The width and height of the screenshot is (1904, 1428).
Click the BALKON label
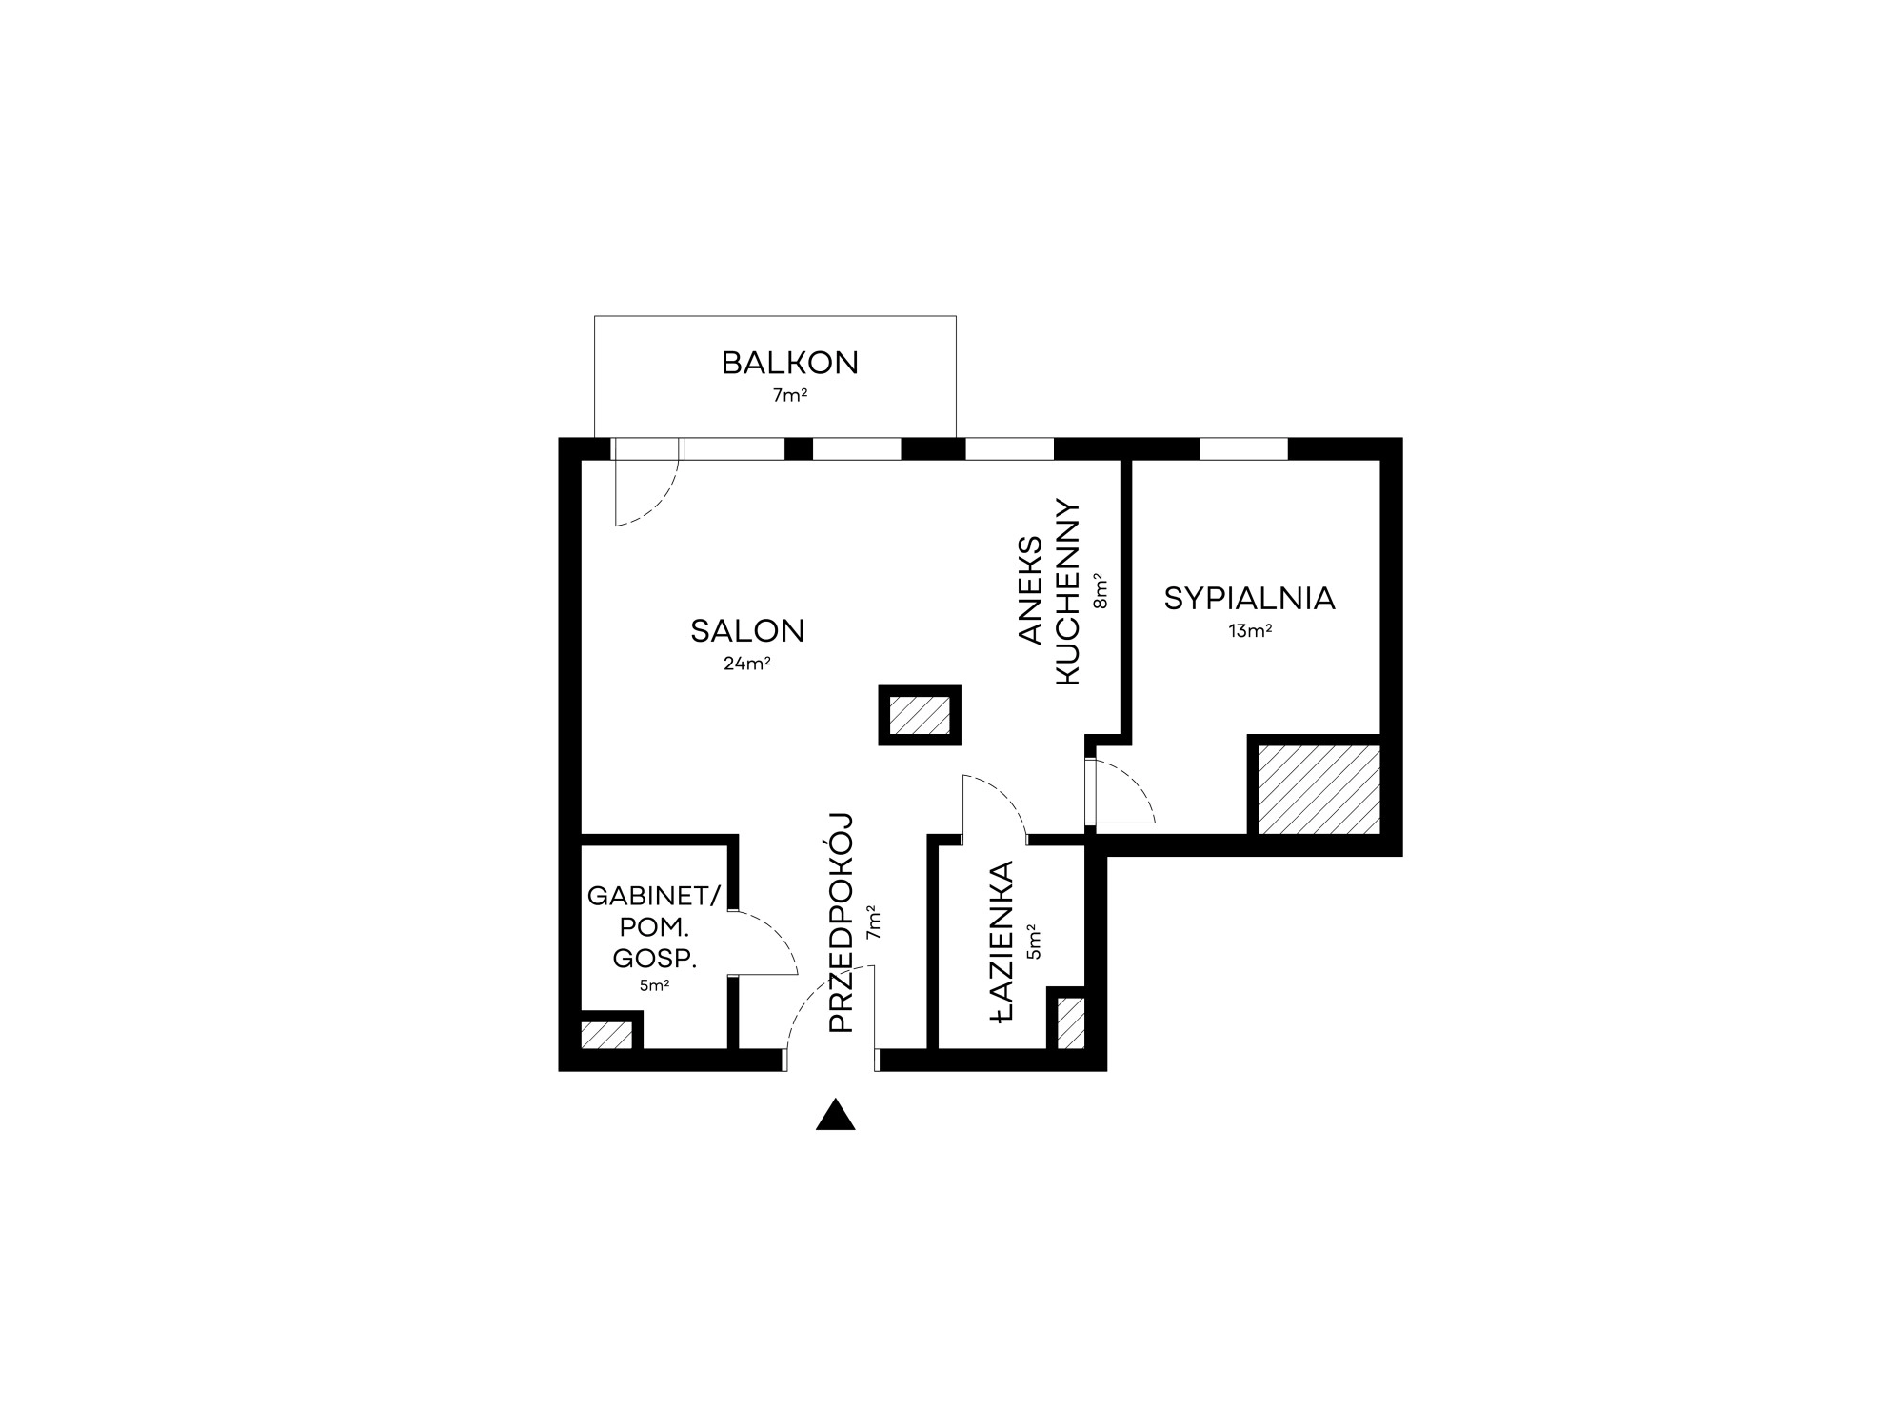click(790, 363)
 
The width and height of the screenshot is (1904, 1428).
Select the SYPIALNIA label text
click(1250, 599)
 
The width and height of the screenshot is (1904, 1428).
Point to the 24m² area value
click(747, 664)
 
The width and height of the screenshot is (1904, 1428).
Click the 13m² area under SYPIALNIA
click(1250, 630)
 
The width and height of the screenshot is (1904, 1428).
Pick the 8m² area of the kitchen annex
click(1101, 590)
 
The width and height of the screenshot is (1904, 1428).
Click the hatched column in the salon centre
click(920, 715)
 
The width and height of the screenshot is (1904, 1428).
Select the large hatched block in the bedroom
click(1319, 789)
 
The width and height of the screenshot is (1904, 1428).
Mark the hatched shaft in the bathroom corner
click(1071, 1022)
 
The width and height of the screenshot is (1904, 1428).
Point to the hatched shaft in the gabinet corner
click(606, 1035)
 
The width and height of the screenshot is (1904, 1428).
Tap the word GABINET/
click(655, 896)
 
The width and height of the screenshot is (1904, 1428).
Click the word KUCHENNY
click(1068, 591)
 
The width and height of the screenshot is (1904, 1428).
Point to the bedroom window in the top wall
click(1243, 448)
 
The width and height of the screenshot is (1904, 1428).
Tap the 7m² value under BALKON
click(790, 395)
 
